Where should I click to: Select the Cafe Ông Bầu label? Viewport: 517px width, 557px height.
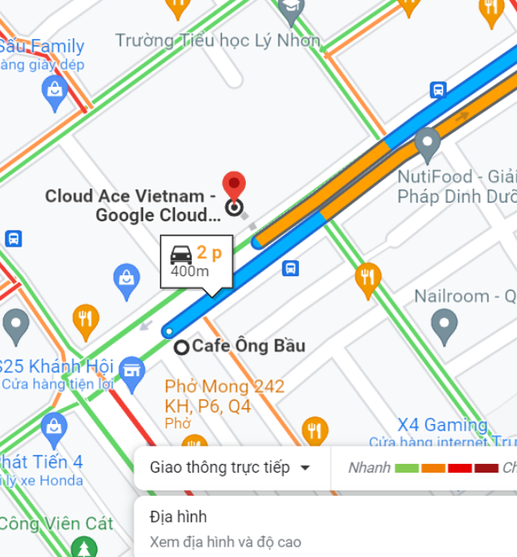(248, 346)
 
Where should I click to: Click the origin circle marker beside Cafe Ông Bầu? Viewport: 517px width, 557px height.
(181, 346)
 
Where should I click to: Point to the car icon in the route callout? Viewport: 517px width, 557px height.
(181, 255)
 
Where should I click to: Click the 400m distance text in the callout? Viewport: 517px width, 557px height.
(190, 272)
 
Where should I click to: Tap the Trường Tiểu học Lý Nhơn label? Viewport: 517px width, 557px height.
(218, 40)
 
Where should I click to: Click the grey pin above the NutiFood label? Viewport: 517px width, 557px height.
(428, 144)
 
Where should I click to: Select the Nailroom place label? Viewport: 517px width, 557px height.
(464, 296)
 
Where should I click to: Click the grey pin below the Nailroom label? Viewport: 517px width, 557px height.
(444, 324)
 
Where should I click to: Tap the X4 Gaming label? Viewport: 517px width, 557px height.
(442, 425)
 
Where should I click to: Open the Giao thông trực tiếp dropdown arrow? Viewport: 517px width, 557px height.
(305, 468)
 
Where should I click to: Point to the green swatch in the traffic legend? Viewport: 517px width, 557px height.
(407, 468)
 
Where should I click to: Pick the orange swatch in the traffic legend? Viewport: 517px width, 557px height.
(433, 468)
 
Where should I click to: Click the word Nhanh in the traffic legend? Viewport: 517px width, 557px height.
(369, 468)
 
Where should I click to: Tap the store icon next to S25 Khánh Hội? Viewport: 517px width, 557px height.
(132, 368)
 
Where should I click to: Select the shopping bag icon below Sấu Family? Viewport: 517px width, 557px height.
(54, 92)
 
